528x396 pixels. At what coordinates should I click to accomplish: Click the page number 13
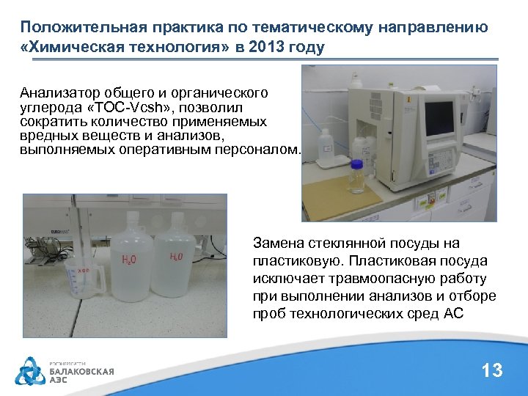coord(492,370)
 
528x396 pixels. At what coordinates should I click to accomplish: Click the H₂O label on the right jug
coord(177,257)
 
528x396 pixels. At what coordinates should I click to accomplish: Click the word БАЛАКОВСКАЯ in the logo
coord(81,372)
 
